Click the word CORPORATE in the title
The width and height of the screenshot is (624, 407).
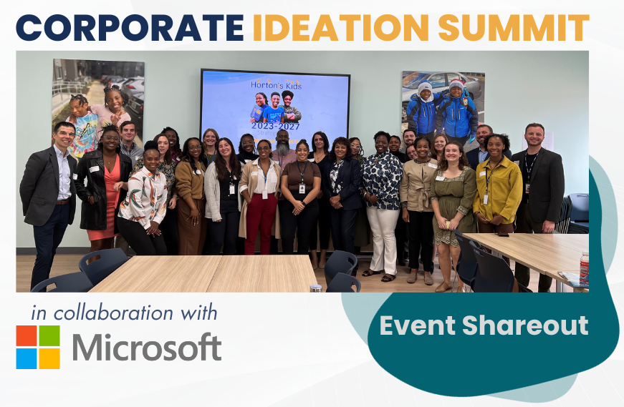click(130, 28)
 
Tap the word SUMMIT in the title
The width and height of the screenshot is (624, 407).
click(513, 28)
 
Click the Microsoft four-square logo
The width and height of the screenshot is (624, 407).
click(38, 347)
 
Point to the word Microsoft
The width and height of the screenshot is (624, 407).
click(146, 348)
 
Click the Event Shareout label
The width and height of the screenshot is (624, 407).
click(484, 325)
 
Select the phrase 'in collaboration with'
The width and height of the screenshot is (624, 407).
click(124, 313)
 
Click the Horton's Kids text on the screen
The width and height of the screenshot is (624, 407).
click(276, 85)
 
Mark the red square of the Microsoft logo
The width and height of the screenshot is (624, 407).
click(27, 335)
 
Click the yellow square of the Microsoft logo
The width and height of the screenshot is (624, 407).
click(49, 358)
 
